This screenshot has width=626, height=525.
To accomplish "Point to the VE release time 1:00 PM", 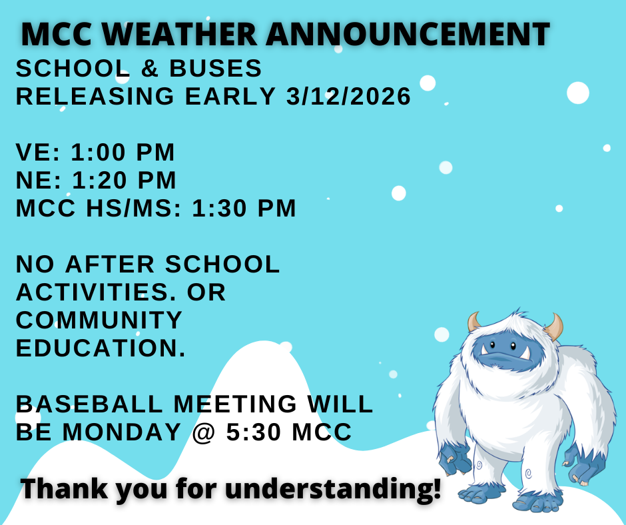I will (x=123, y=153).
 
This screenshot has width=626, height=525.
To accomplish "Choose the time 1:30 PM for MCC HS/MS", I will (x=244, y=209).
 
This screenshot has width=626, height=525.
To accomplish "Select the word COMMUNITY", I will (x=99, y=320).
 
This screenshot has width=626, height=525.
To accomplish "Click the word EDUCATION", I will (x=101, y=348).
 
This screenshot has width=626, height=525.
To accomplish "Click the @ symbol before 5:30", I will (x=204, y=432).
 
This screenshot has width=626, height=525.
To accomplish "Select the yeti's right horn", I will (x=554, y=327).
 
